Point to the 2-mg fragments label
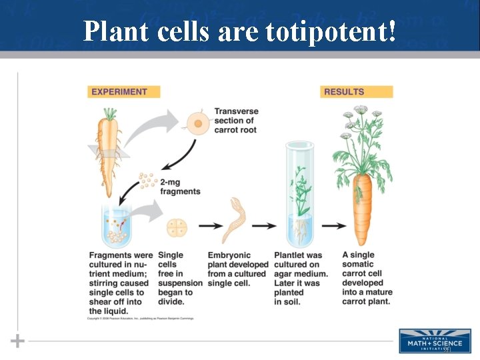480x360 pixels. tap(179, 187)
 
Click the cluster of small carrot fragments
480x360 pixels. tap(147, 181)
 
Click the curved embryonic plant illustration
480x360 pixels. tap(235, 220)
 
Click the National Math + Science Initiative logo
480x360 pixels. tap(433, 341)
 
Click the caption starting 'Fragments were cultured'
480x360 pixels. tap(120, 283)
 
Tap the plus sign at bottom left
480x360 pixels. tap(17, 341)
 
